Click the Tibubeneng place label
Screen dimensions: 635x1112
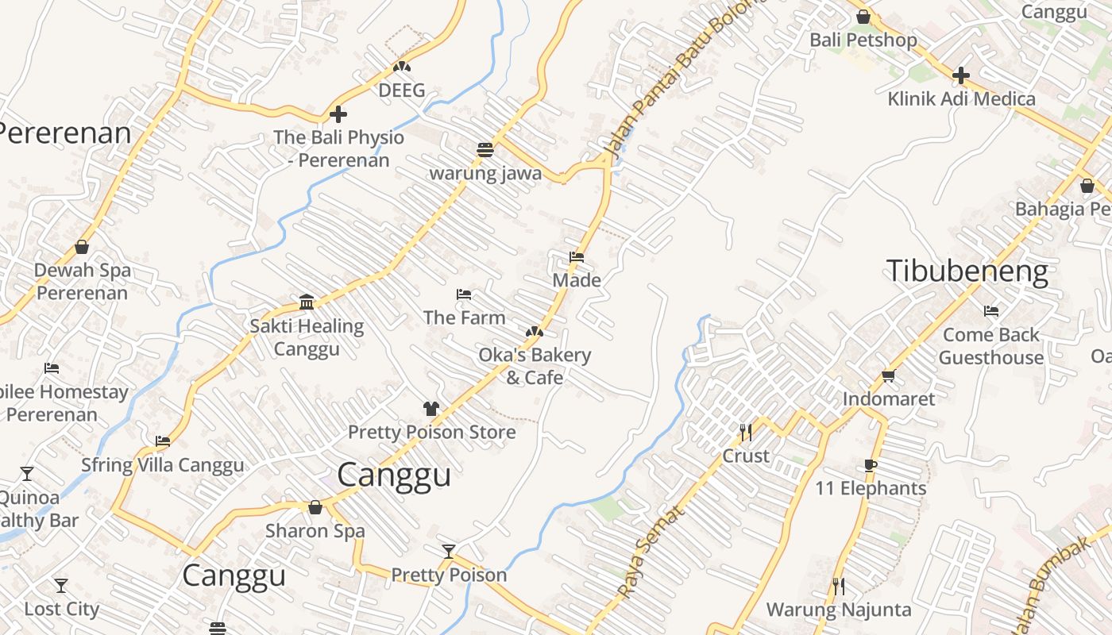967,271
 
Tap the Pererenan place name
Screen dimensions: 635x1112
65,133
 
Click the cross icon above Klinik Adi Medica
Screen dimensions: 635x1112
961,75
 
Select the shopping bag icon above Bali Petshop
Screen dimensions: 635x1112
863,17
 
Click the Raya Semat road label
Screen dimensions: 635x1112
651,552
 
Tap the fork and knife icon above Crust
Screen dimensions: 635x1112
746,432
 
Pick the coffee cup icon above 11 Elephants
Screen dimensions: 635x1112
871,465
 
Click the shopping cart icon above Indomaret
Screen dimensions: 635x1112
888,375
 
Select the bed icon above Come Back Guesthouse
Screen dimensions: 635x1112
991,311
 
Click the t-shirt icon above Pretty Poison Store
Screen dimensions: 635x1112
431,409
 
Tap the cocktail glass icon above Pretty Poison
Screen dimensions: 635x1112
449,551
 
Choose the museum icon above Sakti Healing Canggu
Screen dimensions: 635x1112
307,302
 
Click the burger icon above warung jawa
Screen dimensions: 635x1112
485,149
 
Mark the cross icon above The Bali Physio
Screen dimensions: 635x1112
338,114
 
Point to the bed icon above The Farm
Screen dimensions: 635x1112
464,294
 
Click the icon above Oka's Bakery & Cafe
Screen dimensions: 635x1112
535,331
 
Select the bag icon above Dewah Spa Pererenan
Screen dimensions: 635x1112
82,247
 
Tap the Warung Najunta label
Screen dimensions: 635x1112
839,610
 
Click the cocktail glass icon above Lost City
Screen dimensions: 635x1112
61,586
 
